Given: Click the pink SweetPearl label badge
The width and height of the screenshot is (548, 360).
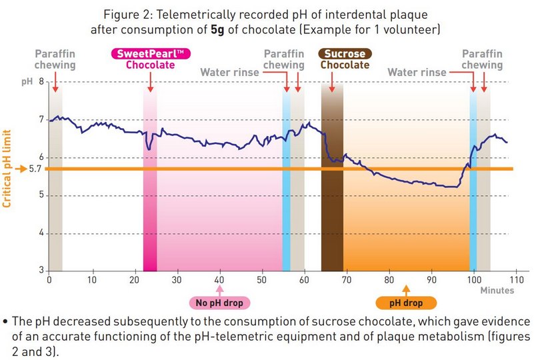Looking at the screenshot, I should pos(150,53).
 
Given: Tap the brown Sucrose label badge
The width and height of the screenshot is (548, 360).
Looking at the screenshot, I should pos(345,53).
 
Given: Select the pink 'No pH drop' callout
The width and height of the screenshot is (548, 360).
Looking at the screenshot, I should pos(220,303).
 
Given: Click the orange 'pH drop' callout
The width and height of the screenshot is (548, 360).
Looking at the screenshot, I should pos(405,303).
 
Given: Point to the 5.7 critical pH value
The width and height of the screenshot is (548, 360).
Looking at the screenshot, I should pos(36,169).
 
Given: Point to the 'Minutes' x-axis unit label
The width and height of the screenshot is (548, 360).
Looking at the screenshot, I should pos(497,291).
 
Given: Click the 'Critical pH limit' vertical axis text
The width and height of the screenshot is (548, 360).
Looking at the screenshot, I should pos(7,169).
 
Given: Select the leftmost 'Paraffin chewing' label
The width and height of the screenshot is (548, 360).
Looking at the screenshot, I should pos(55,59).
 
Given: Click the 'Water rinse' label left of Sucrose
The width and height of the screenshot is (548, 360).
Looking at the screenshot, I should pos(231,71).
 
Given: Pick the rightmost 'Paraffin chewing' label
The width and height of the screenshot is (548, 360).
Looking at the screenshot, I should pos(482,59).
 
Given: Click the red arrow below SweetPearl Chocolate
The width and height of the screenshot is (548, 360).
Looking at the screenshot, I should pos(151,82).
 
